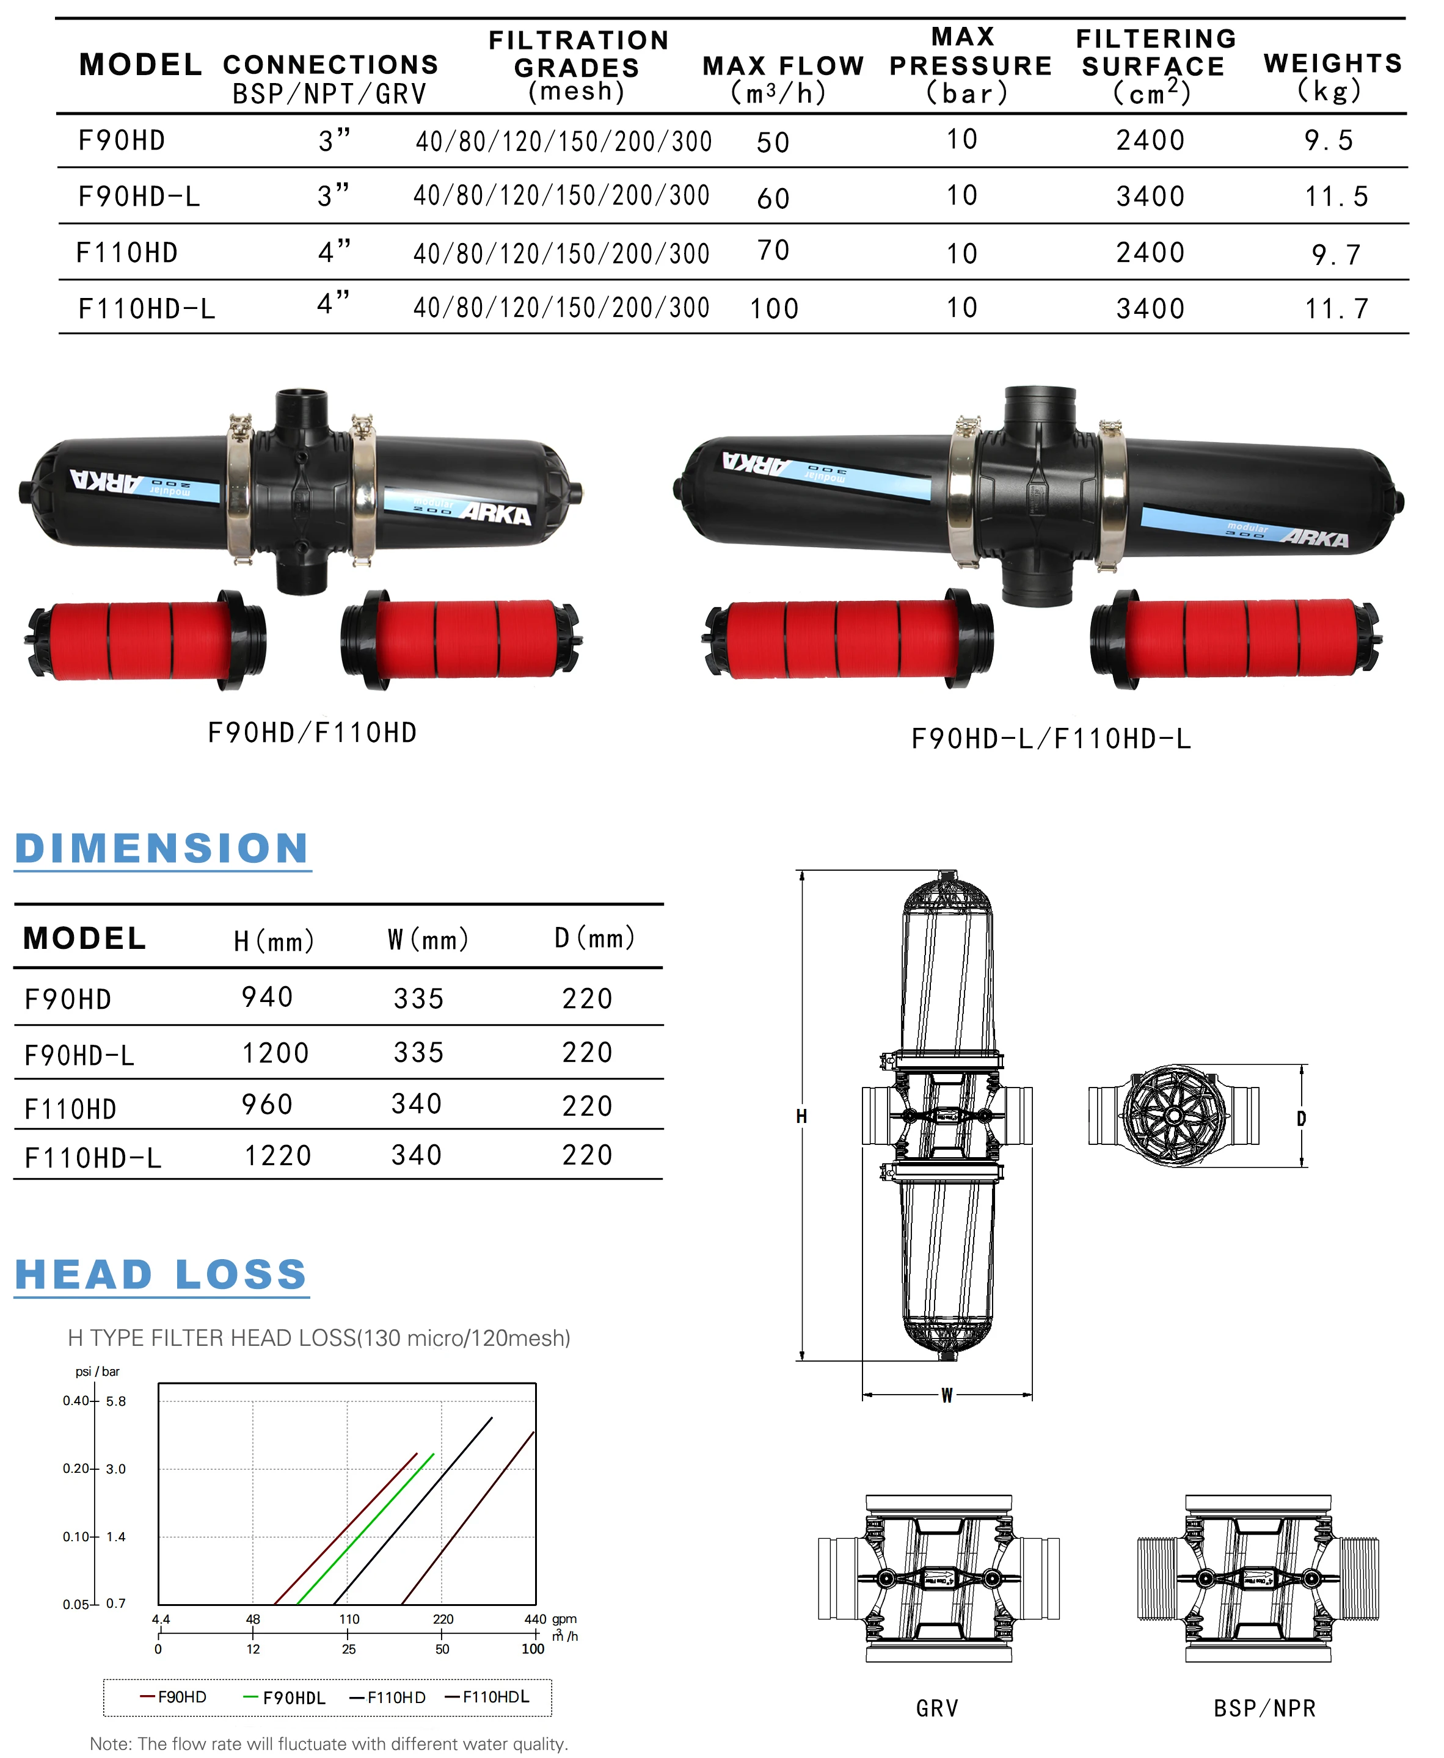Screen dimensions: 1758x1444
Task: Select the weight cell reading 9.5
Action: point(1329,140)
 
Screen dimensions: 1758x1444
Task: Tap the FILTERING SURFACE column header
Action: point(1154,66)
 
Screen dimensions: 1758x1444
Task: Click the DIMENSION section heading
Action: point(162,849)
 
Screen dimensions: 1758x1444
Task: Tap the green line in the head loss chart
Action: point(366,1528)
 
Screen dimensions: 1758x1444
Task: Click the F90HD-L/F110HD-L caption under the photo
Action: point(1051,738)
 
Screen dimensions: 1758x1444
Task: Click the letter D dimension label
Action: point(1302,1119)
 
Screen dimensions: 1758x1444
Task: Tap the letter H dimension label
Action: point(801,1116)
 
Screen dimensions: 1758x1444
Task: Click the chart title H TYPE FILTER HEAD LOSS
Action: point(319,1338)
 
